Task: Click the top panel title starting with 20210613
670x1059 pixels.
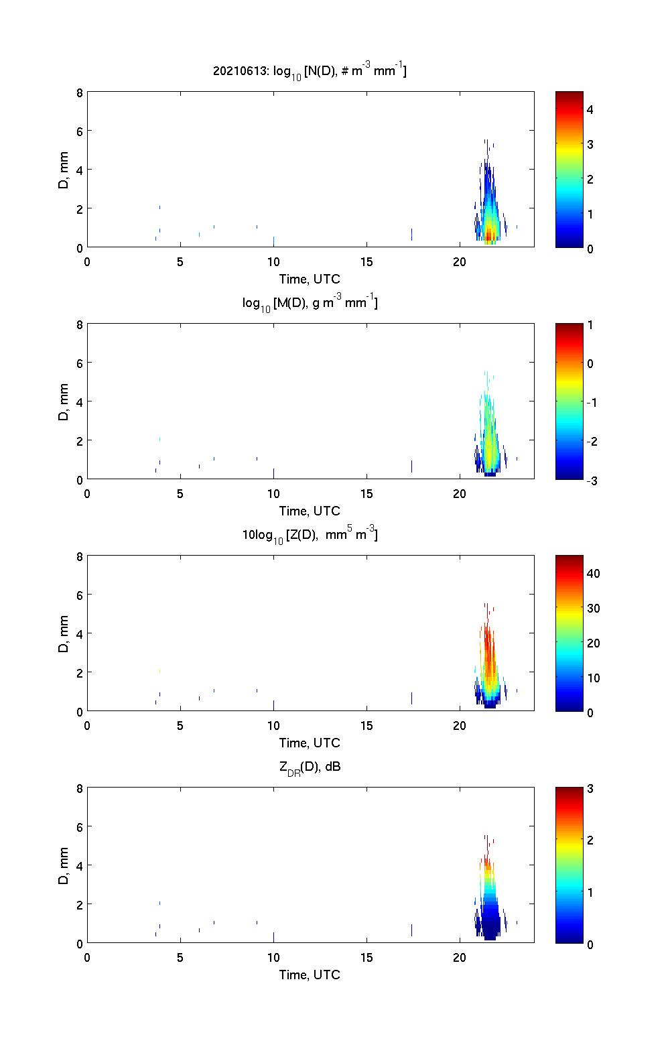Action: click(x=310, y=70)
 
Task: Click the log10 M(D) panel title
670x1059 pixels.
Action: click(x=310, y=303)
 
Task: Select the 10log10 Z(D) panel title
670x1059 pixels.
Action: click(x=310, y=535)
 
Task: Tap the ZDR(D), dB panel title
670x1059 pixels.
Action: click(x=310, y=767)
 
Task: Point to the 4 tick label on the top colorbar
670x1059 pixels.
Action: click(x=590, y=109)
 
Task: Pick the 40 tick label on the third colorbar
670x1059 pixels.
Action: click(x=593, y=573)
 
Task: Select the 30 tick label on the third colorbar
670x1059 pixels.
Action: click(x=593, y=608)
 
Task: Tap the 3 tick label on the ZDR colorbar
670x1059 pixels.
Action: click(x=590, y=788)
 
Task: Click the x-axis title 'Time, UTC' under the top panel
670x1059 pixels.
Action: click(x=310, y=279)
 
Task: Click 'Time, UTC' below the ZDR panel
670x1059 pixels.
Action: click(x=310, y=975)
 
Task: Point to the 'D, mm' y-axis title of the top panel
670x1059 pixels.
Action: click(x=64, y=170)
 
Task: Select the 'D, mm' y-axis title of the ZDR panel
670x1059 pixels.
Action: click(x=64, y=866)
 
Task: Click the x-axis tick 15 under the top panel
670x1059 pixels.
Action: click(x=366, y=261)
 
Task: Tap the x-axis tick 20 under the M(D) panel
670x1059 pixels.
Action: click(x=460, y=493)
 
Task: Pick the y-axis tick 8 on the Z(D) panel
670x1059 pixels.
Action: click(x=80, y=556)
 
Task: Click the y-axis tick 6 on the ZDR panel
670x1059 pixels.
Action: click(x=80, y=827)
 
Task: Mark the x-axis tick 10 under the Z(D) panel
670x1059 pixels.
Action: click(x=273, y=725)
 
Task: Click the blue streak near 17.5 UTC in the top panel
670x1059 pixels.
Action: click(x=411, y=234)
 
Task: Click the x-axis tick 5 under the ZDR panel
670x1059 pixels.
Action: click(x=180, y=957)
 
